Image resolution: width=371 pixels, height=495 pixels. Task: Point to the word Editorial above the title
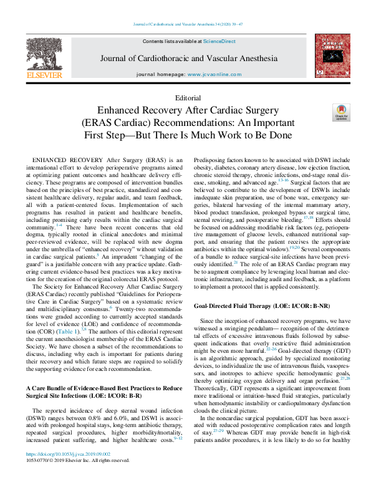189,98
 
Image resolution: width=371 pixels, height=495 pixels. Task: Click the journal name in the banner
188,59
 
